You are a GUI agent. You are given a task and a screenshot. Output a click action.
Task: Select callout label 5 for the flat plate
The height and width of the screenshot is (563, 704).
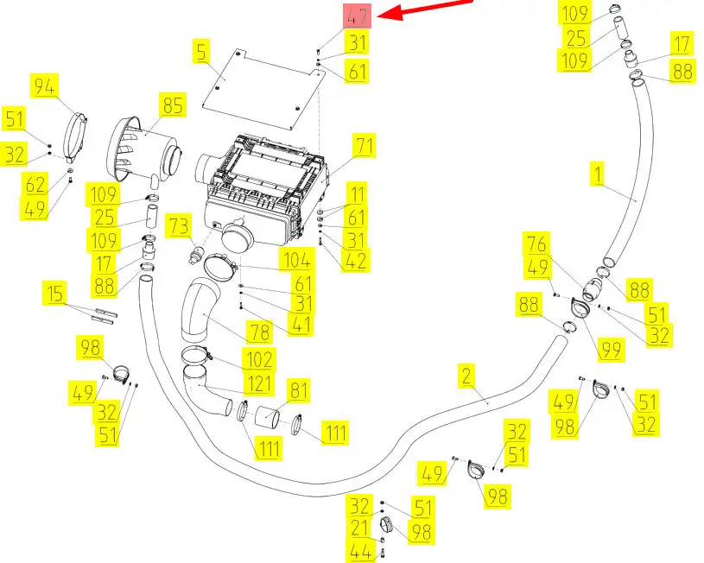(x=201, y=53)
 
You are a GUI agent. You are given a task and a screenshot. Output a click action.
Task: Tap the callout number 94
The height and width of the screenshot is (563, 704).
(x=46, y=85)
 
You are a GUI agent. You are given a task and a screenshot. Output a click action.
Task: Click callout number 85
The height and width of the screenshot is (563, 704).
(x=172, y=106)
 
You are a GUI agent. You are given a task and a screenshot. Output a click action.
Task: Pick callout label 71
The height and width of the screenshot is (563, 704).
(x=364, y=147)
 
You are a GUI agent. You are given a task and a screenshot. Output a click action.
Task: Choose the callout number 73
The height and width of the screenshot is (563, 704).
(x=179, y=226)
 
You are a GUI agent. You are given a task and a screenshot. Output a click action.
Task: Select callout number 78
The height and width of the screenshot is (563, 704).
(x=259, y=332)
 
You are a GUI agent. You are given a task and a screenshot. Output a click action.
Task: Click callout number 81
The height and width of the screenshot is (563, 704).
(x=298, y=391)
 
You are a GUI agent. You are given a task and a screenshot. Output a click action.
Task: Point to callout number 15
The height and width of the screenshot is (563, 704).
(x=55, y=295)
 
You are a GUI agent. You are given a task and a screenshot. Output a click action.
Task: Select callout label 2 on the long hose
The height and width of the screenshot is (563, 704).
(x=466, y=375)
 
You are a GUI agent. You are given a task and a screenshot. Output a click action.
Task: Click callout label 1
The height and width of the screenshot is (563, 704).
(x=597, y=174)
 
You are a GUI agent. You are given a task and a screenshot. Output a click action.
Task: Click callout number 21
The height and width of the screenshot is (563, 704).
(x=358, y=527)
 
